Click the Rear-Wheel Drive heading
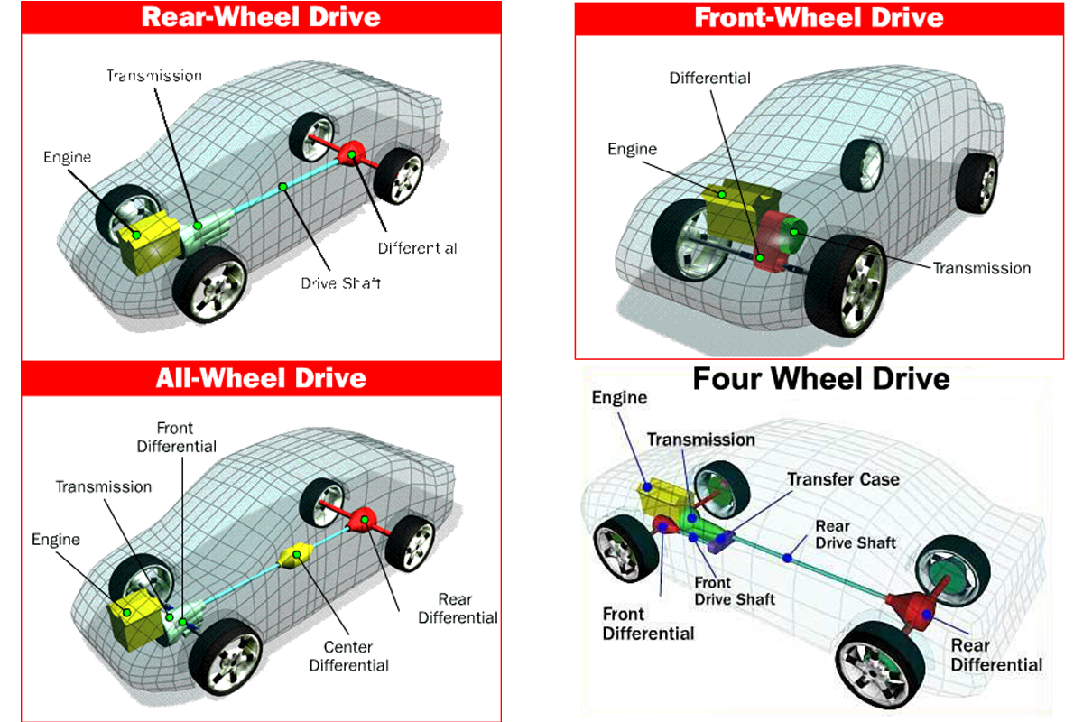[261, 17]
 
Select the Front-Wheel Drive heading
[819, 18]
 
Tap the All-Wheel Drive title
[261, 377]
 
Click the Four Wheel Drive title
[820, 378]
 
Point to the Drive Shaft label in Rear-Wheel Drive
[341, 283]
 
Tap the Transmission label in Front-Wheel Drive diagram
[981, 268]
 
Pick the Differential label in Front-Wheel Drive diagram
[709, 79]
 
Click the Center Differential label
[348, 656]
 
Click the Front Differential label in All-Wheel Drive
[176, 437]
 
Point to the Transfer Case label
[843, 479]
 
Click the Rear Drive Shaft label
[855, 534]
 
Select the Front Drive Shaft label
[734, 591]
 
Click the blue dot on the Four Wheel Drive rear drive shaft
[788, 559]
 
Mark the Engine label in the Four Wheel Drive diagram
[619, 398]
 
